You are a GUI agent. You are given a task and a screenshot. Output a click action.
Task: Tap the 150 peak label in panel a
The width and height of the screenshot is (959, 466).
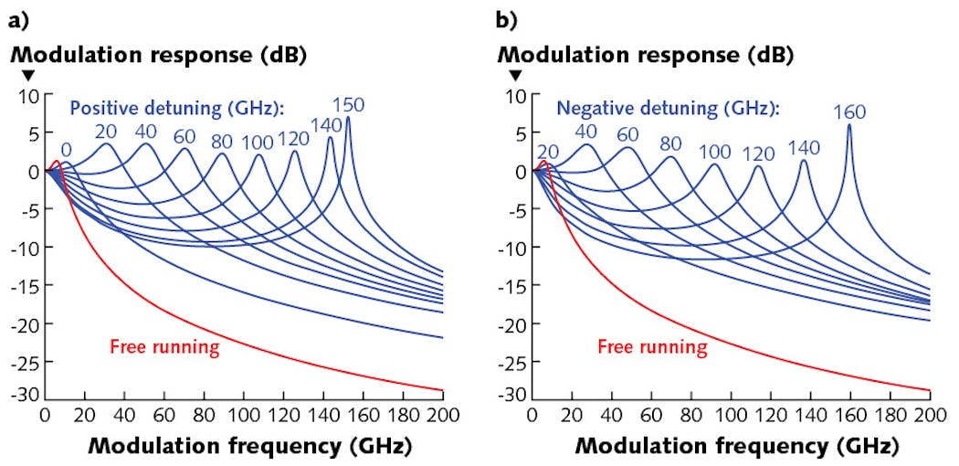pyautogui.click(x=348, y=104)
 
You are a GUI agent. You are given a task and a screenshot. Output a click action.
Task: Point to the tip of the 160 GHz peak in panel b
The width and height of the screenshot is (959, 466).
pyautogui.click(x=849, y=125)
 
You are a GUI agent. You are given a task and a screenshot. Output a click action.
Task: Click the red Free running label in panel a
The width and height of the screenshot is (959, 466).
pyautogui.click(x=163, y=346)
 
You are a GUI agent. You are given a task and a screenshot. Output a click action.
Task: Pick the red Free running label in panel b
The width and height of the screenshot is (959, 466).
pyautogui.click(x=652, y=346)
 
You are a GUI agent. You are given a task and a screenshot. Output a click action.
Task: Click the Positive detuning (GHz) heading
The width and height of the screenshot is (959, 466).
pyautogui.click(x=176, y=108)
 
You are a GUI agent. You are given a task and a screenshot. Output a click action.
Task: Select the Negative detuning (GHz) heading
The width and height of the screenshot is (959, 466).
pyautogui.click(x=667, y=108)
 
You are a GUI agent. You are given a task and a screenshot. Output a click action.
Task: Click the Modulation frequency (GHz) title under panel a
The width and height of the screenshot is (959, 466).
pyautogui.click(x=249, y=447)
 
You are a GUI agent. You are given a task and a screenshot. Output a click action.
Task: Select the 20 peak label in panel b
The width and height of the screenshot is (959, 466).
pyautogui.click(x=549, y=151)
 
